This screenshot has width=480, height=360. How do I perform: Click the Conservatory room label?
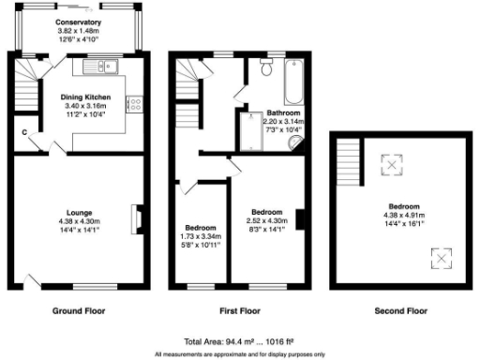click(x=78, y=21)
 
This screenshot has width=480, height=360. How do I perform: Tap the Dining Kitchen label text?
click(x=86, y=97)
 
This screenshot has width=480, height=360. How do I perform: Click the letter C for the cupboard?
click(x=24, y=132)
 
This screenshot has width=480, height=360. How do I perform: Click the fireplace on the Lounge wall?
click(x=137, y=217)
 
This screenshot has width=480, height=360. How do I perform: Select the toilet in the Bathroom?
click(x=264, y=68)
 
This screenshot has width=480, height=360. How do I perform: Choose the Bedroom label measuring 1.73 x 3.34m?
click(x=201, y=237)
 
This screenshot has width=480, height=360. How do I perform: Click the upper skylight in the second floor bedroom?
click(x=389, y=166)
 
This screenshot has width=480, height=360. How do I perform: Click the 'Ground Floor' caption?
click(x=79, y=310)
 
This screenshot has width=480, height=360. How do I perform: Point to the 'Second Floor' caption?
click(x=402, y=310)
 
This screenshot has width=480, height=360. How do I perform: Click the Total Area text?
click(x=239, y=342)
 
